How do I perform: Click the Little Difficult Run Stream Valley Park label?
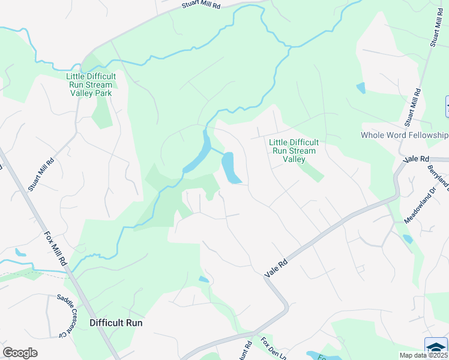pos(91,85)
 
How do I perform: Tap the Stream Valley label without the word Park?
pos(294,151)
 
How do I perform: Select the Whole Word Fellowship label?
pos(404,135)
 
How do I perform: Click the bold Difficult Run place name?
pos(116,322)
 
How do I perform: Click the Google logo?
pos(20,353)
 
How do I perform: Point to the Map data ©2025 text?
pos(423,355)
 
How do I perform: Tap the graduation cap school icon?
pos(436,346)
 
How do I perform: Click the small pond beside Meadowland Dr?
pos(408,238)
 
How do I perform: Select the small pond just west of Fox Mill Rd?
pos(21,253)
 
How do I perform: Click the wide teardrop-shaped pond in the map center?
pos(230,169)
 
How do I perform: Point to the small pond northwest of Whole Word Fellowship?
pos(360,88)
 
